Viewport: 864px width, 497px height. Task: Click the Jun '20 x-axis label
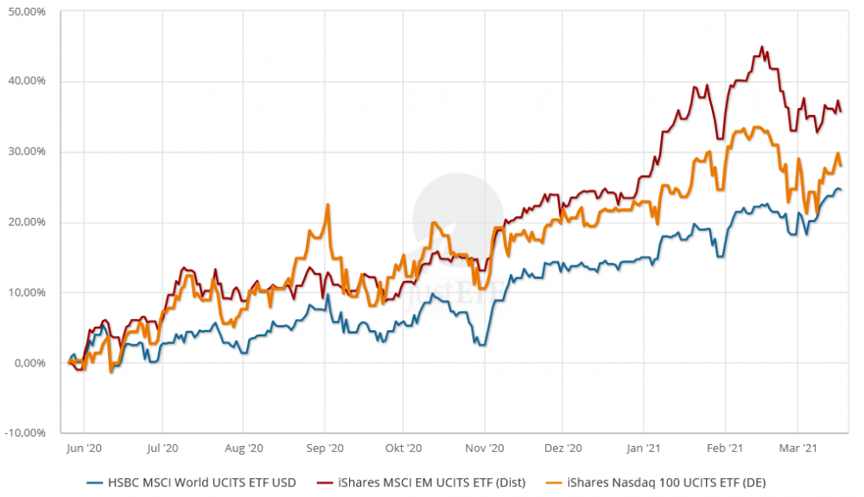click(x=84, y=449)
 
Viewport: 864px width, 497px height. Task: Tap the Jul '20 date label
click(x=162, y=449)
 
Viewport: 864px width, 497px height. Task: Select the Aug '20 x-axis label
click(x=244, y=449)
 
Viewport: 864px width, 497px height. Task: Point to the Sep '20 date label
click(x=325, y=449)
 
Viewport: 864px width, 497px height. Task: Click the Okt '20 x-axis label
click(x=403, y=449)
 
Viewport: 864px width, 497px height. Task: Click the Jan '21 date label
click(x=644, y=449)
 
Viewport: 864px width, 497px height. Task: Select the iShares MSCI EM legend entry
click(x=428, y=482)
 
